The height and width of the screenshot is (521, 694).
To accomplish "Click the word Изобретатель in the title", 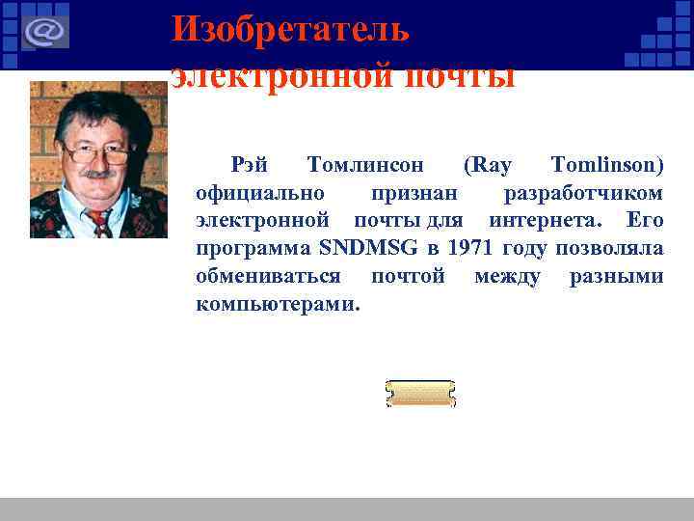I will point(290,29).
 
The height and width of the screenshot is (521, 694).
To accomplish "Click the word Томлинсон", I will point(364,166).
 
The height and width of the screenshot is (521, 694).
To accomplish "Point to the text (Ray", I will point(488,166).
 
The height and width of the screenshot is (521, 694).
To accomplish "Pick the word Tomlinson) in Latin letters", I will point(606,166).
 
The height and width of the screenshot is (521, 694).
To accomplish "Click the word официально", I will point(259,193).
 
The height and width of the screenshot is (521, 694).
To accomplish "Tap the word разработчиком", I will point(583,193).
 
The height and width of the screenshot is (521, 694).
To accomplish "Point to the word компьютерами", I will point(278,305).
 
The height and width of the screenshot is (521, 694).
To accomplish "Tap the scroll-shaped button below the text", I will point(420,394).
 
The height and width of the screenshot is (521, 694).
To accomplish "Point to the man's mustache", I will point(95,175).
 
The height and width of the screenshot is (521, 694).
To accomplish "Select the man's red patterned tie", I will point(99,223).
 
